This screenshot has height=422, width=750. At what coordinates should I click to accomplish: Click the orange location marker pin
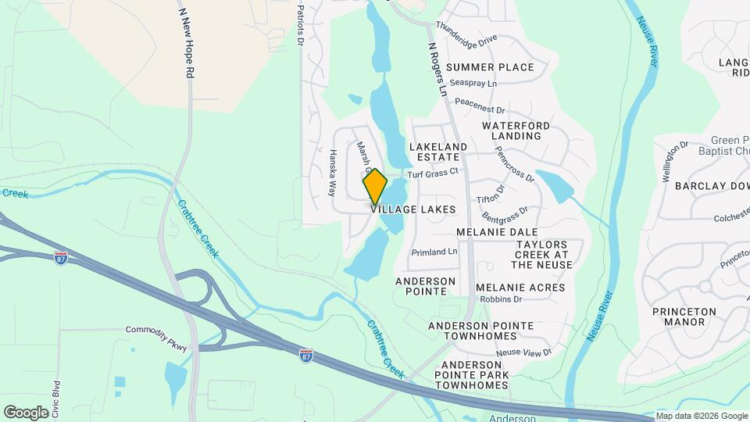coord(375,188)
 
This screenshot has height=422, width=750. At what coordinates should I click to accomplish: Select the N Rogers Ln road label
coord(437,70)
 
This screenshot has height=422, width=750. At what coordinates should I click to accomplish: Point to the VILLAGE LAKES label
coord(412,210)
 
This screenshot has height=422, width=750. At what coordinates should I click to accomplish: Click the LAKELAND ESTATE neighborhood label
coord(437,152)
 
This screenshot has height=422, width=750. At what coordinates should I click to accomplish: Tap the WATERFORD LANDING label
coord(516,131)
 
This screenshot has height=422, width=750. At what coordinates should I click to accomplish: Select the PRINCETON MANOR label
coord(684,316)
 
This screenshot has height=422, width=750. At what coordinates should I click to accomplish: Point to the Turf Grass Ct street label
coord(430,173)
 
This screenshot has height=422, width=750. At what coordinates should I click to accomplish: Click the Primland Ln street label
coord(434,252)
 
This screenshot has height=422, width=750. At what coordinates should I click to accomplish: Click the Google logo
coord(26,412)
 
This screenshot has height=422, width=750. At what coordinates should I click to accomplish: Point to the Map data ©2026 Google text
coord(700,416)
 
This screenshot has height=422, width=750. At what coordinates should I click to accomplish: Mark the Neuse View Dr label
coord(523,352)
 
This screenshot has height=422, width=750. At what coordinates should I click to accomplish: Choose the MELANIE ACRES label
coord(520,288)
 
